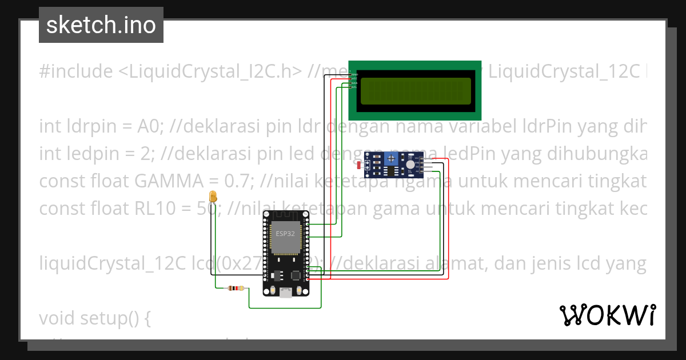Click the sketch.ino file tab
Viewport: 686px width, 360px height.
(101, 25)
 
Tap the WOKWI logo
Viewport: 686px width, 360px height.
(607, 315)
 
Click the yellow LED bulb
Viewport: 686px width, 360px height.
(213, 197)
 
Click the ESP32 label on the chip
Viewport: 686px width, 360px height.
(285, 234)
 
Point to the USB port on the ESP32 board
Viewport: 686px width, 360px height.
(285, 292)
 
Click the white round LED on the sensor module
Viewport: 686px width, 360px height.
(410, 163)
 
